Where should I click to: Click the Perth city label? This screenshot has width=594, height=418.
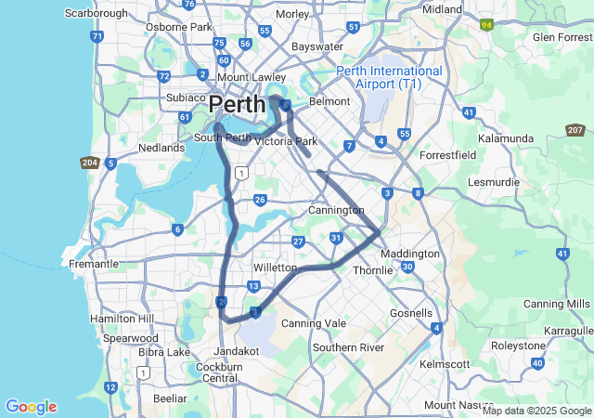[x=237, y=103]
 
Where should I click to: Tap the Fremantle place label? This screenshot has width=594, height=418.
[x=93, y=264]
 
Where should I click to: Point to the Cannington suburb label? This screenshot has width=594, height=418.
[x=336, y=211]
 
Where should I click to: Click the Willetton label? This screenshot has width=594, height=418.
[x=275, y=265]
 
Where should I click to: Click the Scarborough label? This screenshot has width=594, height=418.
[x=97, y=14]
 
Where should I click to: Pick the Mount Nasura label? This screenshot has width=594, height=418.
[x=452, y=405]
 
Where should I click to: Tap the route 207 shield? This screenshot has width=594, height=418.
[x=575, y=130]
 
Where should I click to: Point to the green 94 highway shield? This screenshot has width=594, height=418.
[x=486, y=26]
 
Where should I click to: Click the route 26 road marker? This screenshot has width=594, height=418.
[x=260, y=200]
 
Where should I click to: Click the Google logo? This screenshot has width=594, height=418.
[x=31, y=407]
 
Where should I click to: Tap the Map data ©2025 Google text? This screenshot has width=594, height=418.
[x=536, y=411]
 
